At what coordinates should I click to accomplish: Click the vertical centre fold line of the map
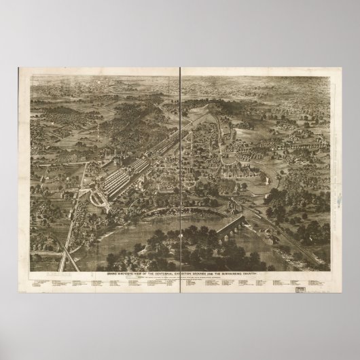click(181, 170)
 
